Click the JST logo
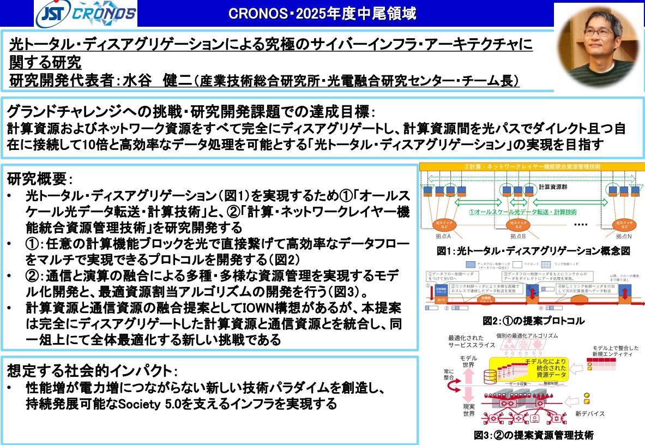[x=52, y=15]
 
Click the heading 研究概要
[x=38, y=178]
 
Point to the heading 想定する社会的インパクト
[x=91, y=371]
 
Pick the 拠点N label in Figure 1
[x=623, y=236]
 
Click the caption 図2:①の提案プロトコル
[x=533, y=321]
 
